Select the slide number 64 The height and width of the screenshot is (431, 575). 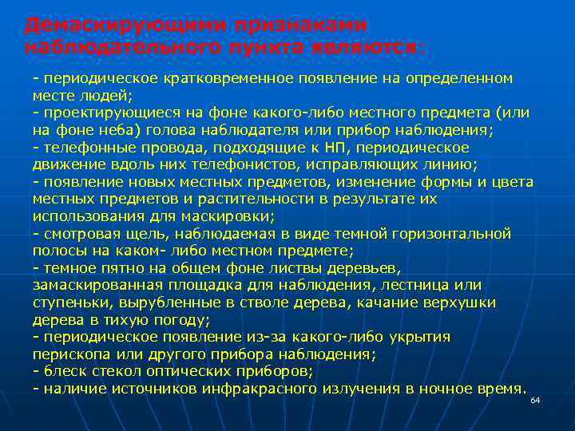pyautogui.click(x=535, y=400)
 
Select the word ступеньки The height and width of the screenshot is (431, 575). pyautogui.click(x=70, y=302)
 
